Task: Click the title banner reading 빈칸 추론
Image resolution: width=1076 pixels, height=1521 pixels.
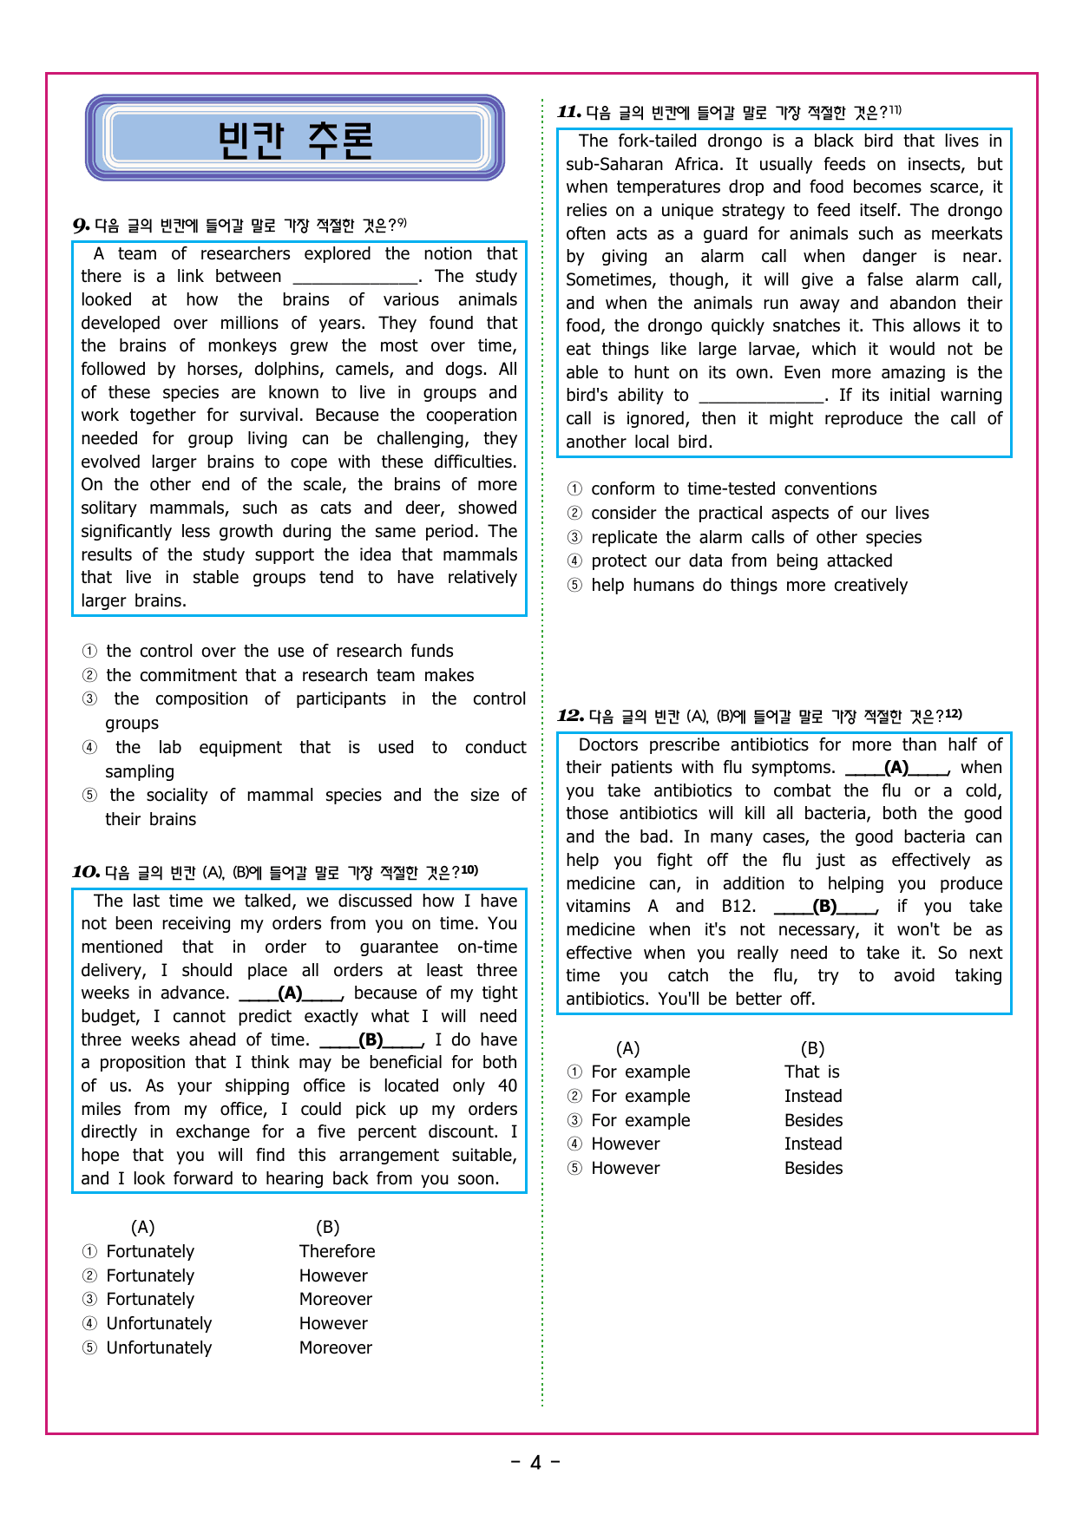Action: coord(295,139)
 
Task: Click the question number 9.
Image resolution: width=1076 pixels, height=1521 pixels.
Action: coord(81,226)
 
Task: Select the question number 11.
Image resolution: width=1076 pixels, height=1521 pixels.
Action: coord(568,112)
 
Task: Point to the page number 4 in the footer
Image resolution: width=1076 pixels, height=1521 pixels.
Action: coord(535,1463)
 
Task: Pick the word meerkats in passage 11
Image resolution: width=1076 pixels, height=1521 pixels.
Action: coord(966,233)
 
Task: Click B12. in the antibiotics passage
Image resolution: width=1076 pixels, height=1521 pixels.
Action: coord(738,907)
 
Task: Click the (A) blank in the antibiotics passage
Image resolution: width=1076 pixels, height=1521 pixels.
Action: coord(896,768)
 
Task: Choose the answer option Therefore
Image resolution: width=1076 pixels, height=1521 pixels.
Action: coord(337,1251)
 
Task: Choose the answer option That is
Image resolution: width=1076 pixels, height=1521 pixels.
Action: coord(811,1072)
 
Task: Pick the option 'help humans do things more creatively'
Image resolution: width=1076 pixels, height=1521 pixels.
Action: coord(749,586)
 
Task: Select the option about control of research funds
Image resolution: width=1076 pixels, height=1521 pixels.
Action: coord(279,652)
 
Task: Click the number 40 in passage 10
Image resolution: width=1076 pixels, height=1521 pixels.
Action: coord(508,1086)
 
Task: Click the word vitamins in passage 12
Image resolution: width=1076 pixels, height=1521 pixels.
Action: coord(598,907)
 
